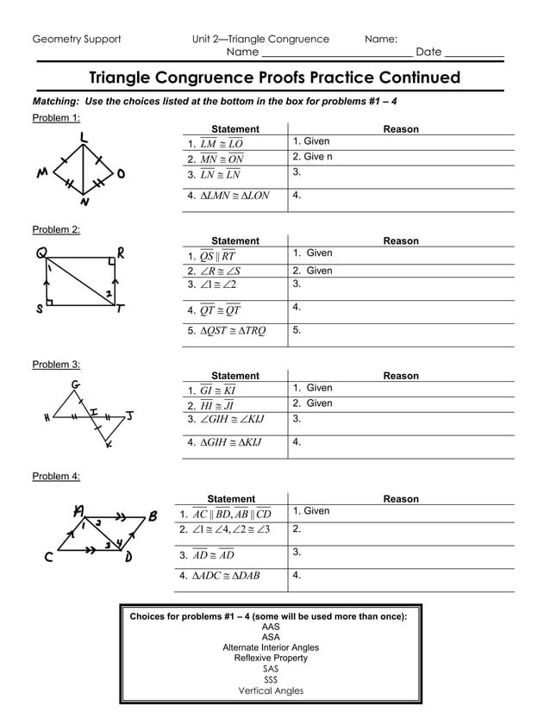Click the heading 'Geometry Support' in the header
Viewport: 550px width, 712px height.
77,39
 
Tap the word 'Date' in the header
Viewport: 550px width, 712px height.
428,52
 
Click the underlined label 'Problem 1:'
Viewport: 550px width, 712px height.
56,118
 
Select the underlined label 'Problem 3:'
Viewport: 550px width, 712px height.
56,365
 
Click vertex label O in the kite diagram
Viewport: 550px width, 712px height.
121,174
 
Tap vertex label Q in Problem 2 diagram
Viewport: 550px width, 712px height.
41,253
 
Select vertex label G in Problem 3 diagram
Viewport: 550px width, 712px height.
77,384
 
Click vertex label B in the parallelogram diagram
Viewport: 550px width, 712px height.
153,516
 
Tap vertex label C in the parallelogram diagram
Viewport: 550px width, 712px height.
49,557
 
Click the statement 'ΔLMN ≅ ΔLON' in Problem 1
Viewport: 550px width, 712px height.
234,196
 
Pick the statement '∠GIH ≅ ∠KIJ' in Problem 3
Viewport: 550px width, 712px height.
231,420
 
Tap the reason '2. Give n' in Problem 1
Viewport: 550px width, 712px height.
312,157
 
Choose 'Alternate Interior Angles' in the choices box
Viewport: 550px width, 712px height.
271,647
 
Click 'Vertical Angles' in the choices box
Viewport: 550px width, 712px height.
271,690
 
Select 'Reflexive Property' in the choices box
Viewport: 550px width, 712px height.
271,658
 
